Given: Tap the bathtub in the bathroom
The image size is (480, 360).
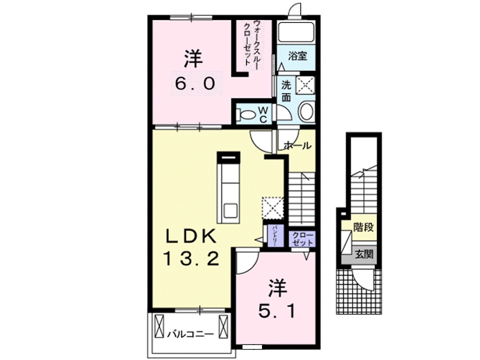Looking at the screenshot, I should pos(296,33).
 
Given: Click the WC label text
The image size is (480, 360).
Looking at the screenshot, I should pos(263,114).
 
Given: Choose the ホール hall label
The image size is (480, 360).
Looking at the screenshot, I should pos(297,146).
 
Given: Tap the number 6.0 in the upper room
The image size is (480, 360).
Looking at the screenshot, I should pos(195,83).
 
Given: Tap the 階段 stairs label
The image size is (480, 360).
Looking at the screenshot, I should pos(363,227).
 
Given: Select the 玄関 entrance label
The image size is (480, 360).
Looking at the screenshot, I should pos(364,254).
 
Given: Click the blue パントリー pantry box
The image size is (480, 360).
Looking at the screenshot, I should pos(274,235).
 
